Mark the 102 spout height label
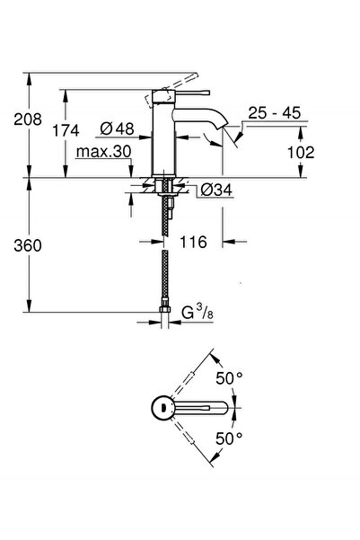303,153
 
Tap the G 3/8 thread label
197,314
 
